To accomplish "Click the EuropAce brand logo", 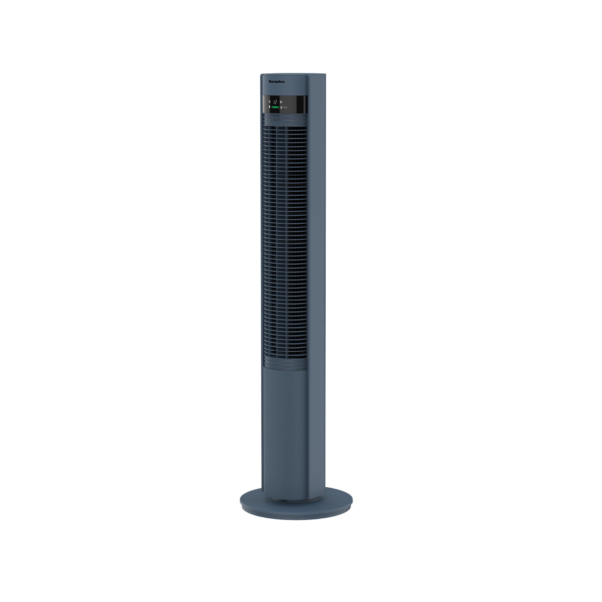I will coord(276,82).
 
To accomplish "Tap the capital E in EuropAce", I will coord(270,82).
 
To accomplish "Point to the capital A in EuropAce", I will coord(279,82).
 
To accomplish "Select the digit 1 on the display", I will coord(274,101).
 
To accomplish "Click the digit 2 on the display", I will coord(276,101).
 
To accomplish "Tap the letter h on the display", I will coord(281,101).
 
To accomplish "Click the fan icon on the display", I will coord(269,101).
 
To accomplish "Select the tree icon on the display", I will coord(269,107).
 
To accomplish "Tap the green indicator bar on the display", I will coord(275,107).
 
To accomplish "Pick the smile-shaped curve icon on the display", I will coord(285,107).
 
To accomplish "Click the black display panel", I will coord(293,104).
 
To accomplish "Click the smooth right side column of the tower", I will coord(317,281).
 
